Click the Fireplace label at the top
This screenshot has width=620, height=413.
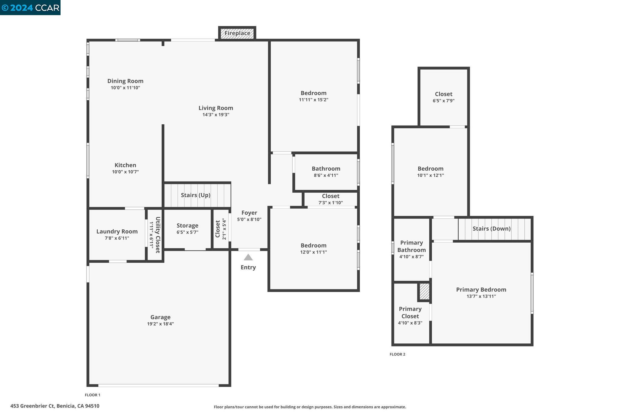click(x=237, y=33)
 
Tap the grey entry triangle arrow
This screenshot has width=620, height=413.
click(x=248, y=257)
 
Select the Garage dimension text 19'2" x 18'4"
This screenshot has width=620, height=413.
click(x=160, y=324)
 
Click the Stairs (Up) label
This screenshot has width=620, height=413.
click(x=196, y=195)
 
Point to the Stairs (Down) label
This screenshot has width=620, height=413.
click(x=491, y=228)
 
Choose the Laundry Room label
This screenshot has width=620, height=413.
click(x=117, y=231)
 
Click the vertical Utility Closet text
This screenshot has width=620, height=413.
click(x=157, y=235)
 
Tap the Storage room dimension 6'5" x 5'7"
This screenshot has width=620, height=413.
click(x=187, y=232)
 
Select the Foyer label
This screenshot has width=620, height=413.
click(x=249, y=213)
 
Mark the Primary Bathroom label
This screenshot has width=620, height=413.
click(x=411, y=246)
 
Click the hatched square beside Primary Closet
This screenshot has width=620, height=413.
click(x=424, y=292)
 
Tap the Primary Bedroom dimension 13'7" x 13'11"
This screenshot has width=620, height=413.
click(x=481, y=297)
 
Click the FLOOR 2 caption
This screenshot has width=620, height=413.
click(x=397, y=354)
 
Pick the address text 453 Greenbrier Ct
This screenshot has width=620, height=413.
click(x=55, y=406)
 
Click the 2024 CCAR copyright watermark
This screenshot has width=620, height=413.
click(x=30, y=8)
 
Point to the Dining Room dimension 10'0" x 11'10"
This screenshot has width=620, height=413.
click(x=125, y=88)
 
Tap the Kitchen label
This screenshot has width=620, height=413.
click(x=125, y=165)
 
